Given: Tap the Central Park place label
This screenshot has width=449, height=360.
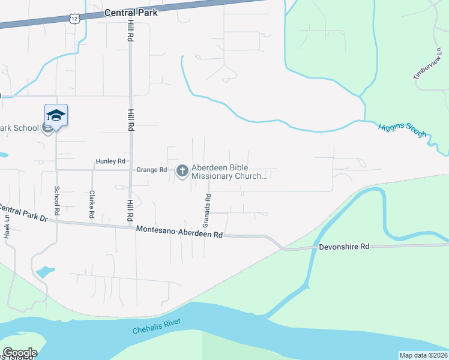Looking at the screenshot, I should [131, 12].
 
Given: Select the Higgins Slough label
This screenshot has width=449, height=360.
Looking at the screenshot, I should [402, 130].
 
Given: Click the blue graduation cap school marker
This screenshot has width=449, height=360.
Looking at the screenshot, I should [56, 115].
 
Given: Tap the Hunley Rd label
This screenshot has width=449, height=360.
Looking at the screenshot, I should [110, 161].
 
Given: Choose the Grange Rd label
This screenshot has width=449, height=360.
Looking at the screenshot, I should [151, 170].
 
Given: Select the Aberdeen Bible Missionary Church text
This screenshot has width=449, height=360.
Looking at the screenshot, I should [229, 172].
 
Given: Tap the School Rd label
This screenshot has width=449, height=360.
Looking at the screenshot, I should [57, 200].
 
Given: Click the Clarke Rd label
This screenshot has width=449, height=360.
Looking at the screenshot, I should [92, 204].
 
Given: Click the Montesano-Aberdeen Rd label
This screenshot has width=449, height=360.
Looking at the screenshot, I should [179, 232].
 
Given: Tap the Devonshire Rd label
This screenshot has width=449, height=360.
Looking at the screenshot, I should [343, 247].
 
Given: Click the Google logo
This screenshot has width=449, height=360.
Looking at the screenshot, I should [20, 353].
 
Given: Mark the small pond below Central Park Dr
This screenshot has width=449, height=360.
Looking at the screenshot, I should [44, 271].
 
